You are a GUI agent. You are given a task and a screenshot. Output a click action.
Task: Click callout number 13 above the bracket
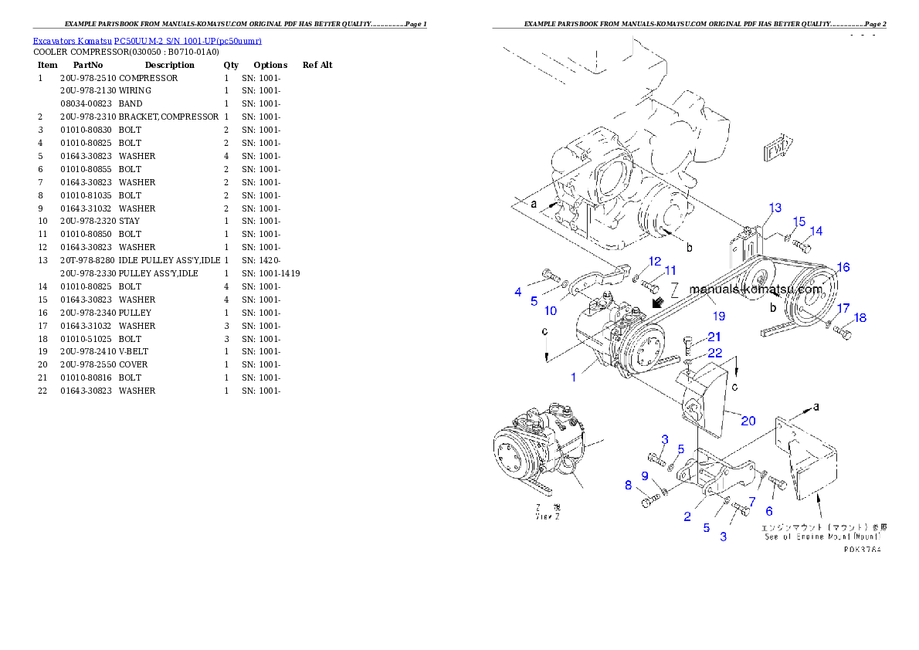(775, 208)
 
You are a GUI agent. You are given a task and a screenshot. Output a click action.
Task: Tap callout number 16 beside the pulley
(843, 267)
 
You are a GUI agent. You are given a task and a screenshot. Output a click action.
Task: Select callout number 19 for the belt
(719, 316)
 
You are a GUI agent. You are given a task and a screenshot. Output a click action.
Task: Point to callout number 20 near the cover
(748, 421)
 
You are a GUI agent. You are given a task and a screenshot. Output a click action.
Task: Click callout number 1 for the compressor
(574, 377)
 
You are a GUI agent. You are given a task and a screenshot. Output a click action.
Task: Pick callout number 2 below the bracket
(687, 516)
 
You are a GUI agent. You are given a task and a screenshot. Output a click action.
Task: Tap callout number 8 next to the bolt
(628, 486)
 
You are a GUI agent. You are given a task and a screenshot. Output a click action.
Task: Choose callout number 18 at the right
(860, 318)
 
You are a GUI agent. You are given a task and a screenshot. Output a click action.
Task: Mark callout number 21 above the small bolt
(714, 337)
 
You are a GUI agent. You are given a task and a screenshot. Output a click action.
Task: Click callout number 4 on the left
(518, 292)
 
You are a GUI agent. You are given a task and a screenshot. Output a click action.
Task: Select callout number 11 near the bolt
(670, 271)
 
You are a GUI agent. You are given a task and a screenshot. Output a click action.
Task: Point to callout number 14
(816, 231)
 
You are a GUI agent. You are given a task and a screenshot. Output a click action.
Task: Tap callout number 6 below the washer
(768, 511)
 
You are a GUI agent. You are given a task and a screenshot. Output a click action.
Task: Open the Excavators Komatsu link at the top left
(147, 40)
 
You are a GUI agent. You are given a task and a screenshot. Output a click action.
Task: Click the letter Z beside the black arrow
(674, 290)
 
